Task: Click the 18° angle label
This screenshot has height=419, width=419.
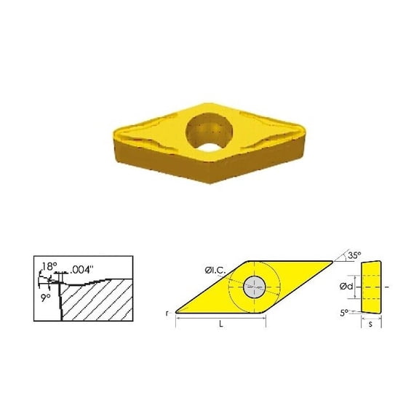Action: tap(47, 266)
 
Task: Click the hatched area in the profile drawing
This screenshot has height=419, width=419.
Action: tap(98, 302)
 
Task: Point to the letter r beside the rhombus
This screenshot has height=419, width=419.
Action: tap(168, 313)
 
